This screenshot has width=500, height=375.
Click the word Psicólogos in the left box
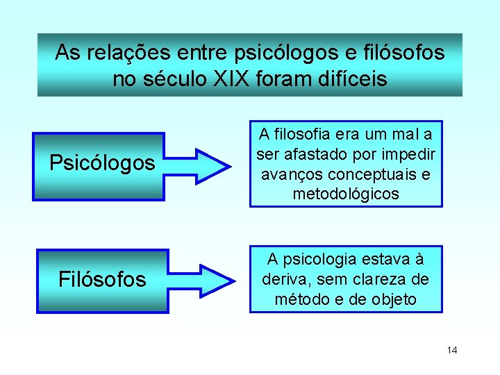click(102, 163)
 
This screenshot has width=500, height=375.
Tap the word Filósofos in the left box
click(102, 280)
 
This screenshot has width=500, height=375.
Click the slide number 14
click(452, 350)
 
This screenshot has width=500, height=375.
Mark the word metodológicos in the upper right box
click(346, 194)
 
